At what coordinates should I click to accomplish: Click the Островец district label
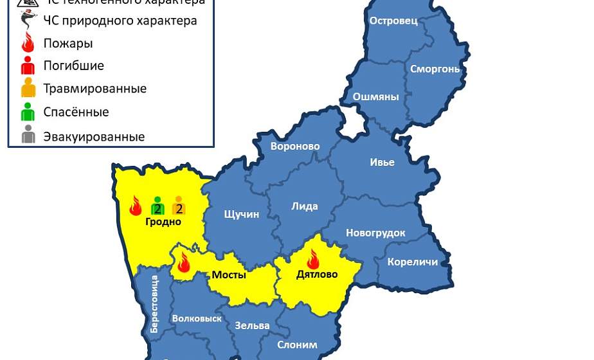click(393, 21)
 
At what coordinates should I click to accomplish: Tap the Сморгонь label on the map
click(435, 69)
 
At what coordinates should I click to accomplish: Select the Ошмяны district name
click(376, 97)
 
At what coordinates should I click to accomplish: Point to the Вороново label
click(295, 147)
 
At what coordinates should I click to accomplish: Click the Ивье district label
click(382, 162)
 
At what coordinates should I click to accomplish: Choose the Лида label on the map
click(305, 206)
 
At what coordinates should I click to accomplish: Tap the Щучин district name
click(241, 214)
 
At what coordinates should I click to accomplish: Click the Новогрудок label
click(376, 233)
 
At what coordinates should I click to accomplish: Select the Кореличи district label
click(412, 262)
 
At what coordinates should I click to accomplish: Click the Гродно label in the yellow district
click(163, 222)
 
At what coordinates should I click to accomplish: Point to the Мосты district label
click(229, 275)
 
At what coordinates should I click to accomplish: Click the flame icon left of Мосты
click(184, 262)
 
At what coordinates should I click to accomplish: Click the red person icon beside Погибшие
click(28, 66)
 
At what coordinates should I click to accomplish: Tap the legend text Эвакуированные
click(94, 137)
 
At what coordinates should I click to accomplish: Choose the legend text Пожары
click(68, 44)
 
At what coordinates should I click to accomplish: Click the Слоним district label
click(297, 345)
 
